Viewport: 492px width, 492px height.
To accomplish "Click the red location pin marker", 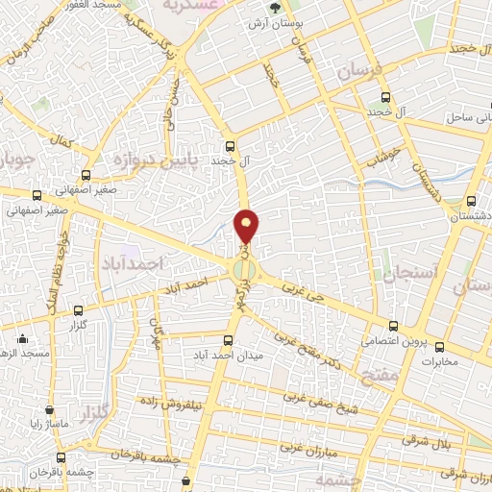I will click(247, 226).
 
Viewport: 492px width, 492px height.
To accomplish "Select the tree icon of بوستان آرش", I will click(276, 8).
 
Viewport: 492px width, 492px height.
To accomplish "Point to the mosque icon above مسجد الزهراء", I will click(22, 338).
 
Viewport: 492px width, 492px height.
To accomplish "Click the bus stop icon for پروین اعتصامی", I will click(393, 326).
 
